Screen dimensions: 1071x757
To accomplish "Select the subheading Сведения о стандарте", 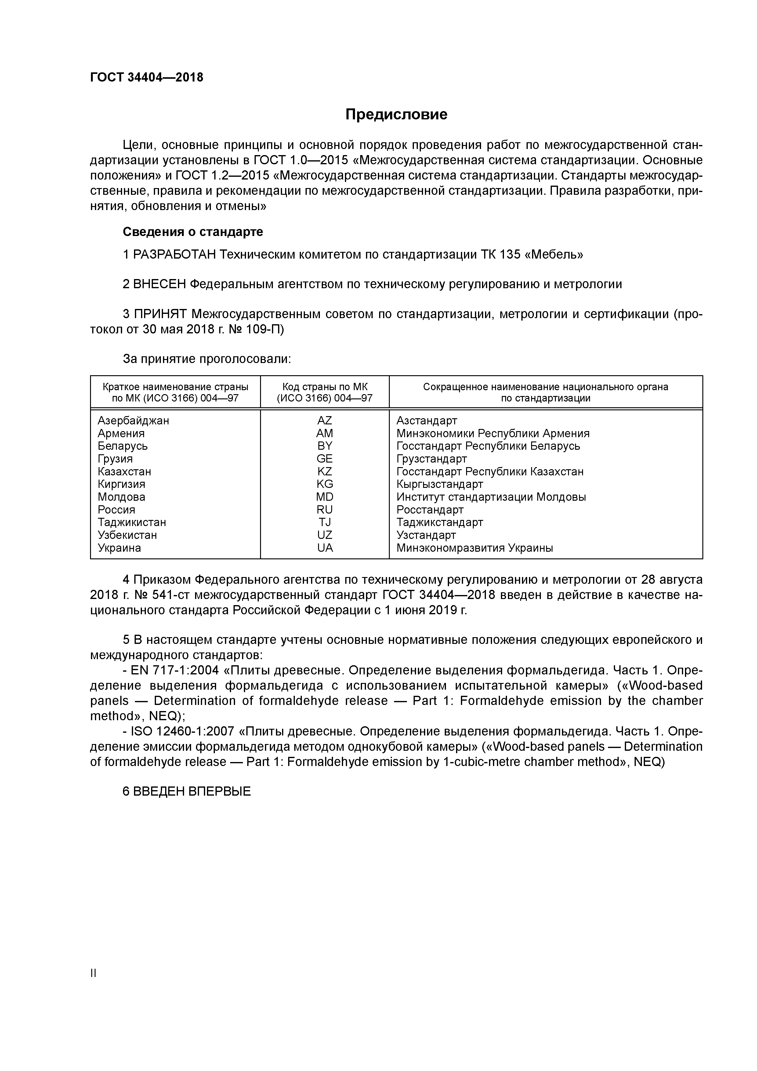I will click(193, 232).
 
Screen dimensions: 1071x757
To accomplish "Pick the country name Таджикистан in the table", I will click(132, 522).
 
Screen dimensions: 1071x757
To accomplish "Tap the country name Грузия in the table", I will click(115, 459).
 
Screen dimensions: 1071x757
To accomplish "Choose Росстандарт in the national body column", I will click(429, 510).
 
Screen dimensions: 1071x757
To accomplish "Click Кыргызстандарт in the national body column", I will click(439, 484).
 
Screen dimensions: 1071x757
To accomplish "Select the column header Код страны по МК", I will click(325, 387).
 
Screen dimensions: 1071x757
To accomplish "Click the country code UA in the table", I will click(325, 548).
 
